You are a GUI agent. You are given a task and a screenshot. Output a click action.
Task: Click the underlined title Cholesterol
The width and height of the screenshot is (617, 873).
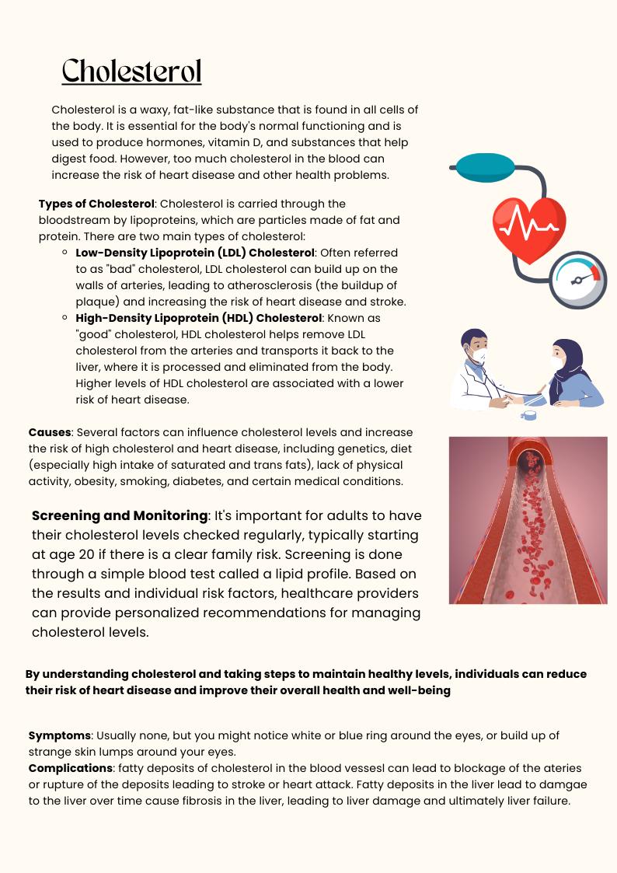coord(131,71)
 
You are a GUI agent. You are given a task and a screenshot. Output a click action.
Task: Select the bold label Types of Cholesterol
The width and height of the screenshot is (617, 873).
coord(96,204)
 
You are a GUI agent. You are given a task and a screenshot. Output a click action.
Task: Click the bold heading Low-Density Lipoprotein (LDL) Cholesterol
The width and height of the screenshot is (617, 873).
coord(195,253)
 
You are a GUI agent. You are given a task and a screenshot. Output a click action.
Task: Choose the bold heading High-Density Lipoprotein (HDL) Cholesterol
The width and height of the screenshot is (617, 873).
coord(198,318)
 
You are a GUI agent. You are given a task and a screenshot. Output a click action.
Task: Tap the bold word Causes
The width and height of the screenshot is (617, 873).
coord(51,432)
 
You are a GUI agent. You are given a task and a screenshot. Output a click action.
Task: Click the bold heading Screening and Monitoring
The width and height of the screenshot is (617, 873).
coord(120,516)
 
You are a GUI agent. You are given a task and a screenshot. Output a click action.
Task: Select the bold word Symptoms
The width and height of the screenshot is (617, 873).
coord(59,735)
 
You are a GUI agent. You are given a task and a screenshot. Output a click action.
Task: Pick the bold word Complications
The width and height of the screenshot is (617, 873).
coord(71,768)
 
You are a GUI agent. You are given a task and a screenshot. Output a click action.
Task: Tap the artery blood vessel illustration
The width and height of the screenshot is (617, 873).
coord(528,520)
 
